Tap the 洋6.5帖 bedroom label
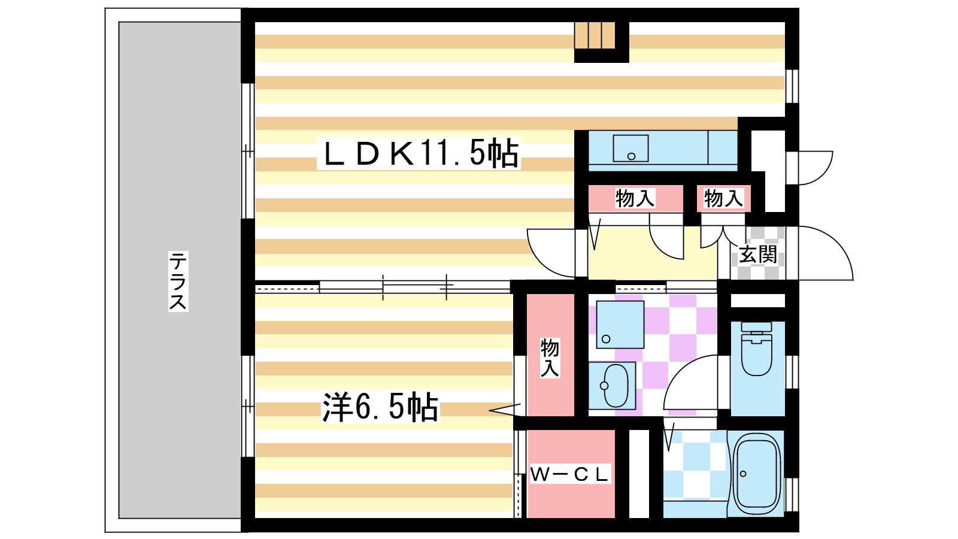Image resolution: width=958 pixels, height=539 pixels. (380, 407)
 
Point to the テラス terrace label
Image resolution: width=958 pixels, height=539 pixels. (178, 281)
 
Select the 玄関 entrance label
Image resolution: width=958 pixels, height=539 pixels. (758, 255)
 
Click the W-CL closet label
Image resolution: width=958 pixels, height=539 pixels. (569, 474)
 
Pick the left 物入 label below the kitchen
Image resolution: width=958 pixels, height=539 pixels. (635, 198)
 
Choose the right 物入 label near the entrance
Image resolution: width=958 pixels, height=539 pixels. (724, 198)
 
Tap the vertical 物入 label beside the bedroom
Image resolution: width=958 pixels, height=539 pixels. (550, 358)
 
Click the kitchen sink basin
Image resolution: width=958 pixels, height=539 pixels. (630, 149)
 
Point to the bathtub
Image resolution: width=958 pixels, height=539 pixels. (756, 474)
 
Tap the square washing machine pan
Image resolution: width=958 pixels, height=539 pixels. (620, 325)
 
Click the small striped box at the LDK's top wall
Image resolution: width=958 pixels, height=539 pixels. (595, 35)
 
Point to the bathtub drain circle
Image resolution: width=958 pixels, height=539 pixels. (743, 474)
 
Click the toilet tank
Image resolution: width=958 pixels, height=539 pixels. (756, 327)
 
